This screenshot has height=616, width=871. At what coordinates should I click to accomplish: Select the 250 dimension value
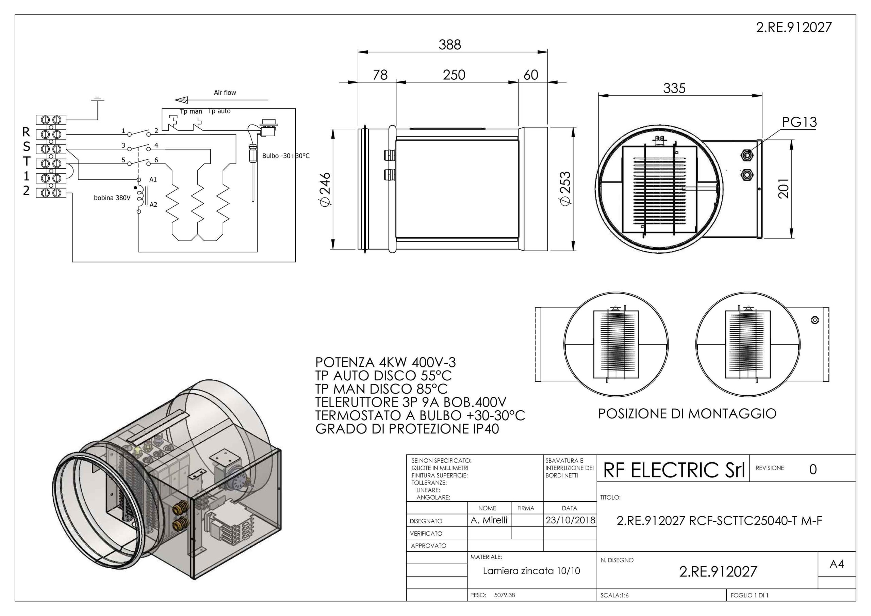coord(454,75)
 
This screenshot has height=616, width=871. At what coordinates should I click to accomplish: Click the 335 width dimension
coord(674,89)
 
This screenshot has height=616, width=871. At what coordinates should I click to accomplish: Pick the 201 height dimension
coord(783,189)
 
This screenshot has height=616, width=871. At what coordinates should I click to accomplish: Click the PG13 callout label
coord(799,122)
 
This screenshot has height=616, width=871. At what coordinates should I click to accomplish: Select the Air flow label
coord(225,92)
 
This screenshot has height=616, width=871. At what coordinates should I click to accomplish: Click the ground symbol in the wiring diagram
coord(98,99)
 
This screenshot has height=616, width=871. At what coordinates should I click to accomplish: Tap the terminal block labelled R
coord(51,135)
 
